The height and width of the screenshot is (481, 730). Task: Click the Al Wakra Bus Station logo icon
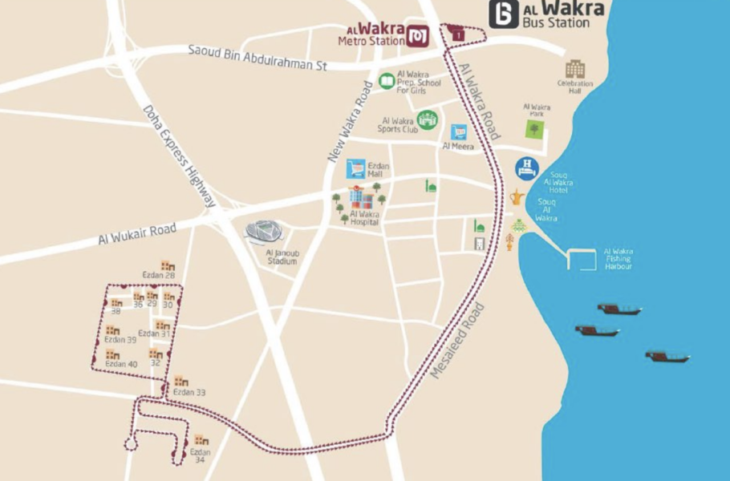tap(504, 14)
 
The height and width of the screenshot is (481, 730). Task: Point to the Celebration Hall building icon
tap(575, 69)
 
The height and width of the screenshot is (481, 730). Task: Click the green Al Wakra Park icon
tap(535, 128)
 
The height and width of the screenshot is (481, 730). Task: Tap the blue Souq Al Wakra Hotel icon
tap(526, 168)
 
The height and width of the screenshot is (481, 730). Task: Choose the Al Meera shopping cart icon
tap(459, 132)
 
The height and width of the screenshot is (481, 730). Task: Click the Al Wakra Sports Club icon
tap(428, 119)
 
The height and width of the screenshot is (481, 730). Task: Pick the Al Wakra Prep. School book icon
tap(387, 81)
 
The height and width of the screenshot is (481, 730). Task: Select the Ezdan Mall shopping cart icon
tap(355, 168)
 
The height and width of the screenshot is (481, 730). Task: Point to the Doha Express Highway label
tap(180, 156)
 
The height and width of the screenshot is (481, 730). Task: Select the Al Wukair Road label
tap(137, 234)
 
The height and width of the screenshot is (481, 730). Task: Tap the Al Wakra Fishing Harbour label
tap(618, 258)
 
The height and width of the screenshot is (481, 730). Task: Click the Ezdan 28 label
tap(158, 275)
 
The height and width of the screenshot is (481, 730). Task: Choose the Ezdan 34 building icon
tap(201, 440)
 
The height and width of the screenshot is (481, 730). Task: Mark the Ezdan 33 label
tap(190, 392)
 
